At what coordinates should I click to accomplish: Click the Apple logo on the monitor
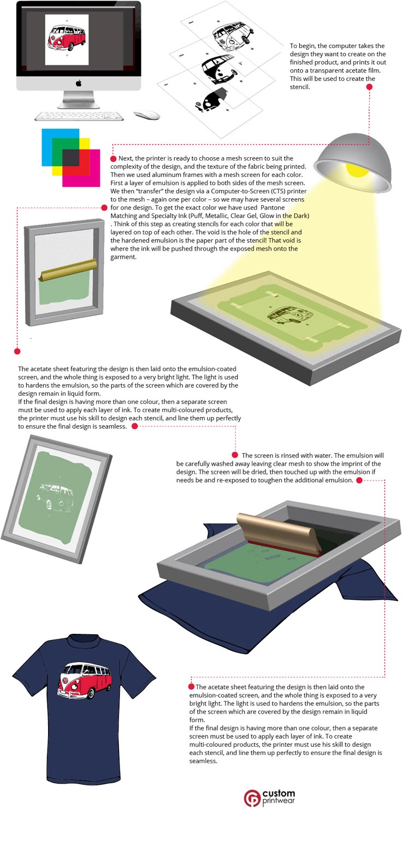pyautogui.click(x=79, y=83)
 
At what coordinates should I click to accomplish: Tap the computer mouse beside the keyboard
pyautogui.click(x=147, y=115)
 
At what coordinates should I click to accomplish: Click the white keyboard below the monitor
pyautogui.click(x=79, y=116)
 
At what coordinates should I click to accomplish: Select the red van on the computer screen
pyautogui.click(x=67, y=38)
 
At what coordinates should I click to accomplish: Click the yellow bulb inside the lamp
pyautogui.click(x=357, y=169)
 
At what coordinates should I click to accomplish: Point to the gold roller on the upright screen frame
pyautogui.click(x=68, y=269)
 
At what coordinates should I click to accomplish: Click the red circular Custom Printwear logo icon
pyautogui.click(x=252, y=798)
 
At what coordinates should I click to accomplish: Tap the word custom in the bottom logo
pyautogui.click(x=279, y=794)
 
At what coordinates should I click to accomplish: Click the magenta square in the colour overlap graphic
pyautogui.click(x=81, y=168)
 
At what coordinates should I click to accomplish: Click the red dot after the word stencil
pyautogui.click(x=370, y=87)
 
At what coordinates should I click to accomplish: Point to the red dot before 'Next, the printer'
pyautogui.click(x=113, y=159)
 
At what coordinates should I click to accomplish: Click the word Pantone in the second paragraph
pyautogui.click(x=273, y=207)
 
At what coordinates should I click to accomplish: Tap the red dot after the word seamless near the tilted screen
pyautogui.click(x=134, y=426)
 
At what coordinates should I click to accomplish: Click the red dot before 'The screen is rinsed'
pyautogui.click(x=235, y=455)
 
